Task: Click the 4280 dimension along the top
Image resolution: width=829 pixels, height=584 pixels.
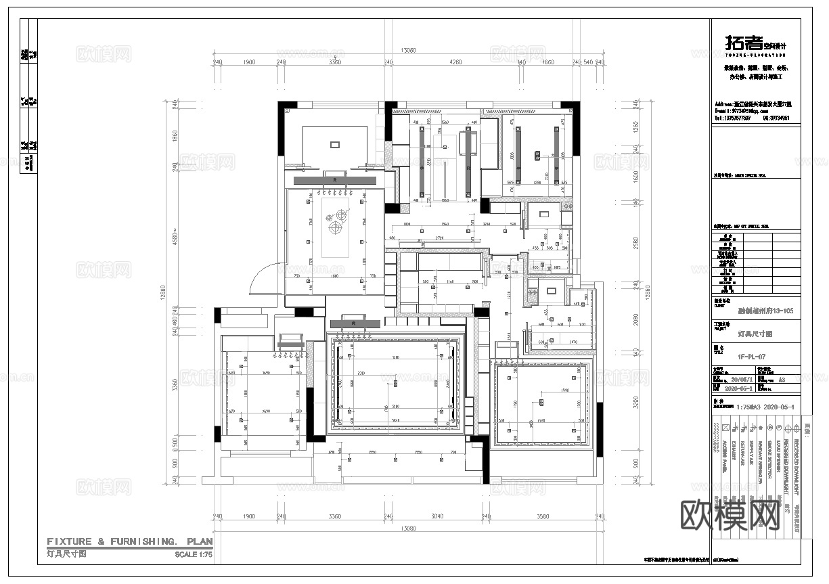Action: (x=455, y=62)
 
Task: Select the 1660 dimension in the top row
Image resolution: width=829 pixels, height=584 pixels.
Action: (x=548, y=62)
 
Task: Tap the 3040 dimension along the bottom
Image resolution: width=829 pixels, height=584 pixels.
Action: (x=437, y=517)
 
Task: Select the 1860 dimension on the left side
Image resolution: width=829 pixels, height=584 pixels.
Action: (x=174, y=135)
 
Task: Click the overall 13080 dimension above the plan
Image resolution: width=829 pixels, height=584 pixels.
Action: (x=407, y=51)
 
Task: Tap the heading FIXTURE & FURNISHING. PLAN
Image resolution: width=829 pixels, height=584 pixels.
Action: (x=129, y=541)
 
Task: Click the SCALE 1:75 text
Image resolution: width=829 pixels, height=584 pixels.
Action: (x=193, y=554)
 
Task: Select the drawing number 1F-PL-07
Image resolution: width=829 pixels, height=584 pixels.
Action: (x=751, y=355)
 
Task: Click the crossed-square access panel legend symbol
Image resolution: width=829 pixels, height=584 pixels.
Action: (x=724, y=428)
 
